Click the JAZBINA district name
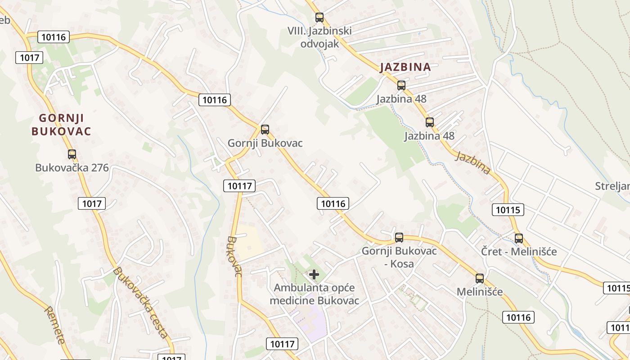point(405,67)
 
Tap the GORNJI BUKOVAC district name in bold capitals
point(61,125)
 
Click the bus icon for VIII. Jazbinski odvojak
point(319,18)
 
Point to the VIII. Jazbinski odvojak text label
point(319,37)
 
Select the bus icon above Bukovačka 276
point(72,154)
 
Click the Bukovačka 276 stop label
point(72,168)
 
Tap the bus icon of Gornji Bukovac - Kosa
point(399,237)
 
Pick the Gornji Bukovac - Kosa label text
point(399,257)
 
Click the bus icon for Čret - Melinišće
point(519,238)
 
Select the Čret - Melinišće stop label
point(519,252)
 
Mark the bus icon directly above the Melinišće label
point(480,278)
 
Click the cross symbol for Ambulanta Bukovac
point(314,274)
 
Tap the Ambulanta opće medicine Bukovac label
point(316,294)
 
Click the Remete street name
point(55,324)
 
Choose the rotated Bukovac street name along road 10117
point(234,256)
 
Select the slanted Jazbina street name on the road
point(472,163)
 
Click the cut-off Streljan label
point(612,186)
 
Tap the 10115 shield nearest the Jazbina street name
point(508,209)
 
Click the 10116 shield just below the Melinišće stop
point(518,317)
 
